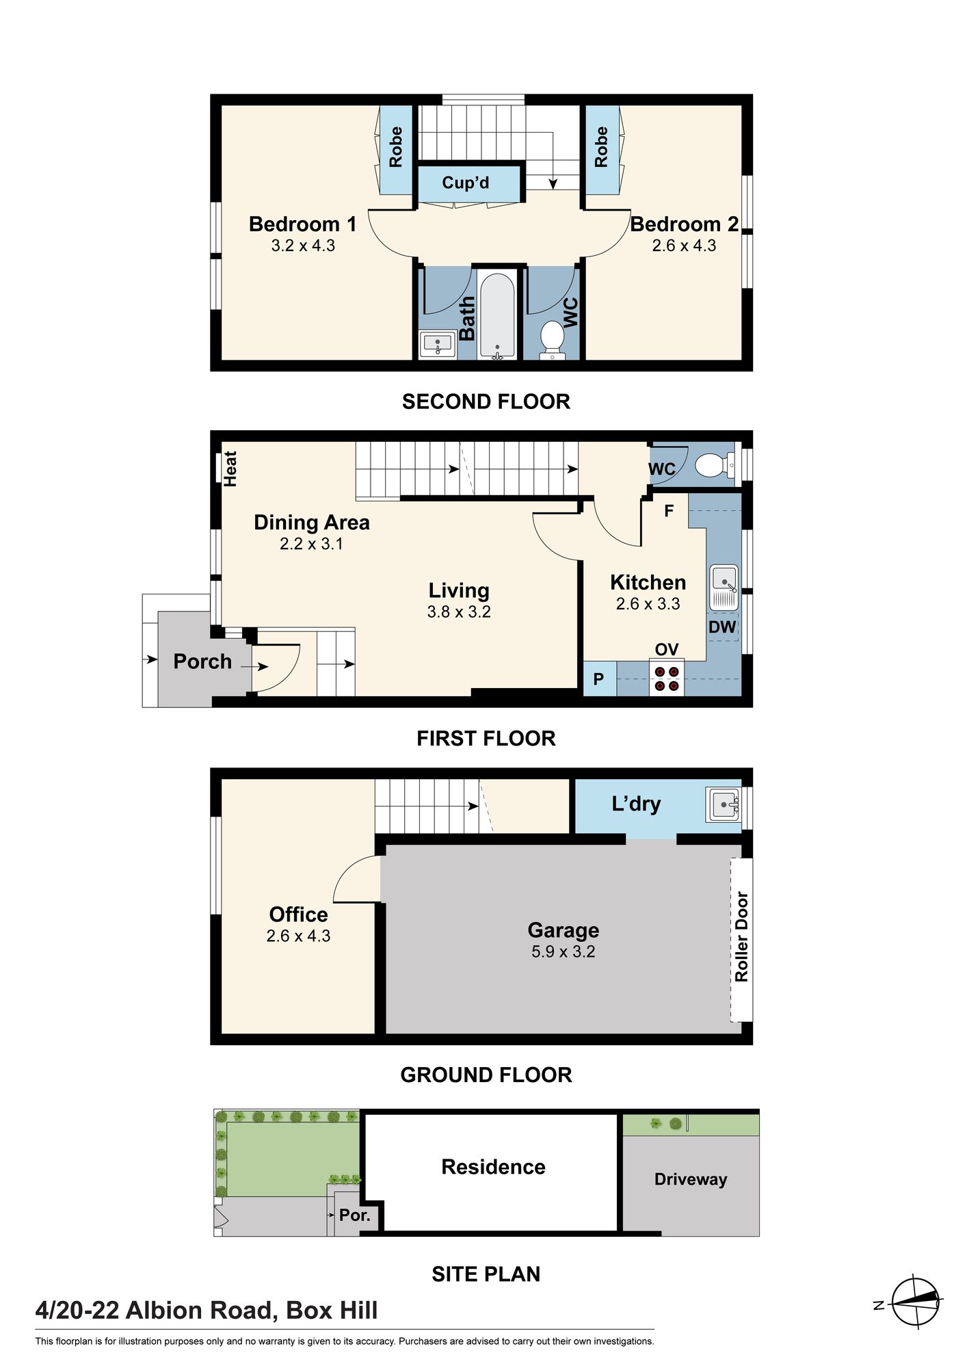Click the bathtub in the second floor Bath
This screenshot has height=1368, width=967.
[496, 315]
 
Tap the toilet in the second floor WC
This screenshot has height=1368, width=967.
[551, 340]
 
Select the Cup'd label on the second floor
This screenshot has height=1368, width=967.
[466, 183]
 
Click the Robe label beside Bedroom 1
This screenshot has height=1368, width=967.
[396, 147]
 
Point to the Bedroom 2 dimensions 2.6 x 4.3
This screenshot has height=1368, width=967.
[684, 246]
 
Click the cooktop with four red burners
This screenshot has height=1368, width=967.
[667, 678]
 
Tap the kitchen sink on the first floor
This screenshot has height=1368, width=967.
[724, 587]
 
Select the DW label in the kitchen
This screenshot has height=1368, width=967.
[722, 627]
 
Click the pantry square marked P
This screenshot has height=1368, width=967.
[599, 679]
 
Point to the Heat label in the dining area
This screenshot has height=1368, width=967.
[230, 469]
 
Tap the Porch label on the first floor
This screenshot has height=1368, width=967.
[202, 661]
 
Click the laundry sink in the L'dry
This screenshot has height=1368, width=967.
[724, 804]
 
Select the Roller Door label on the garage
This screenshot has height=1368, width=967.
[741, 936]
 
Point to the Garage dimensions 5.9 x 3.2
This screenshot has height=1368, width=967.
[564, 951]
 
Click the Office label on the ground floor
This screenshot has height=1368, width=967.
[298, 915]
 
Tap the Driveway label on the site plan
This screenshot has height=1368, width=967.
[691, 1179]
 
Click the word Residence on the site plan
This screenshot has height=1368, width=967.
[493, 1167]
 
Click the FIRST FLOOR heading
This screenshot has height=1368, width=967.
[486, 739]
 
